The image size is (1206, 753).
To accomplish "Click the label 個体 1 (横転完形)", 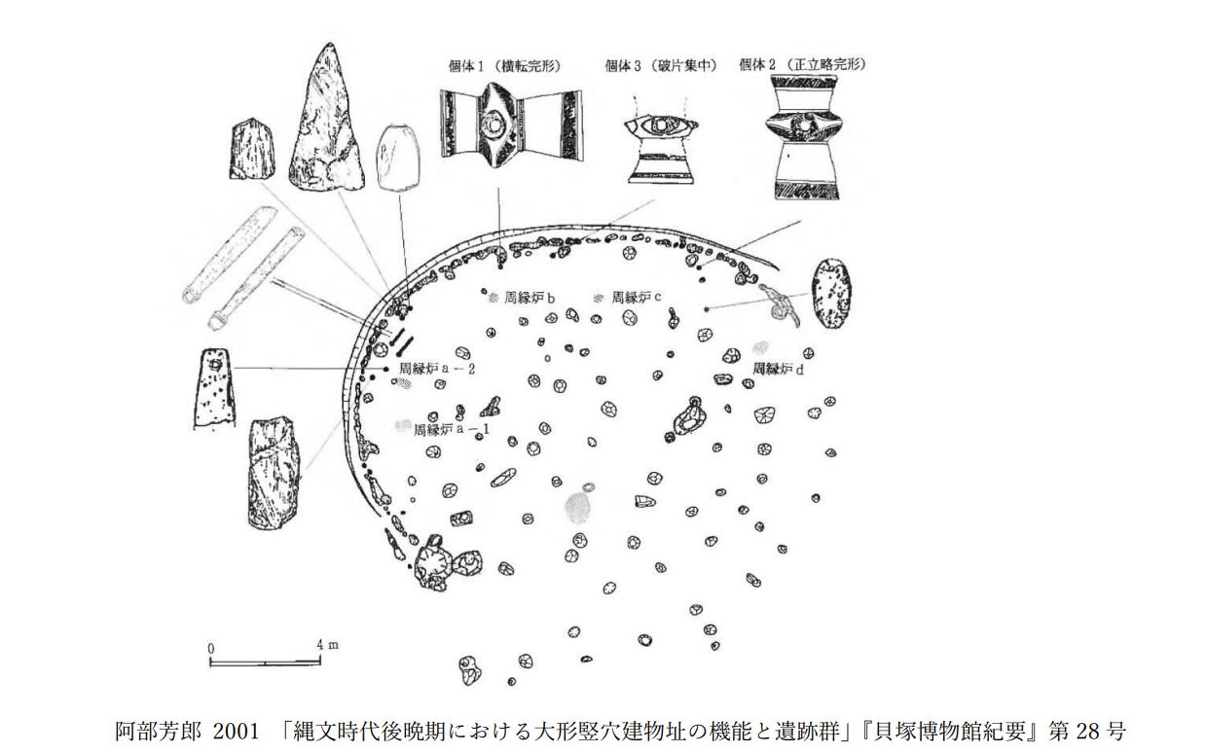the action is click(x=505, y=66).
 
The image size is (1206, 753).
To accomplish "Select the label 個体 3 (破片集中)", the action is click(x=662, y=65).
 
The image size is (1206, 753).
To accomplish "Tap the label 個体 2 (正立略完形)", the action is click(x=803, y=64).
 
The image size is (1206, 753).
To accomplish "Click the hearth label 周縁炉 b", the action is click(x=530, y=299).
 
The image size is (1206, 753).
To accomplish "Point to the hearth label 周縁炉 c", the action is click(x=637, y=297).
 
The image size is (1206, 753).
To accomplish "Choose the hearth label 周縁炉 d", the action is click(x=778, y=369).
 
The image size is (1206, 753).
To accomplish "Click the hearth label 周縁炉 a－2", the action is click(x=437, y=369).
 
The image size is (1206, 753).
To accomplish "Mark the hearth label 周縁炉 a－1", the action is click(x=452, y=429).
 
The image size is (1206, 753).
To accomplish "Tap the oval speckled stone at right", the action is click(x=832, y=294).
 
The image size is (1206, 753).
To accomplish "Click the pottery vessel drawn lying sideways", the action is click(x=510, y=125).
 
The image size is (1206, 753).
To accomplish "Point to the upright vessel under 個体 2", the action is click(x=803, y=138).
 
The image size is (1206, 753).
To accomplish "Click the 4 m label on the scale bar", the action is click(x=327, y=644).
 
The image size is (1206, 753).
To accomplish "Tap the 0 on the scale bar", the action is click(x=211, y=648).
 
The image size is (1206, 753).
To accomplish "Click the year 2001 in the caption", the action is click(x=237, y=732).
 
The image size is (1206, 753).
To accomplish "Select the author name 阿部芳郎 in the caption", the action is click(x=159, y=732).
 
